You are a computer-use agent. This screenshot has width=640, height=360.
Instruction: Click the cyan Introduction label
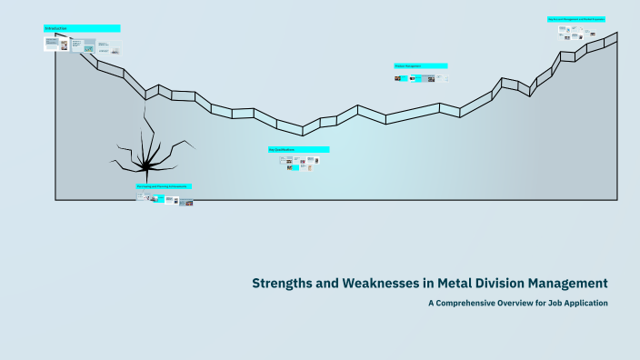82,28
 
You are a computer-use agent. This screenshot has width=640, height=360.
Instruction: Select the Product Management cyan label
420,65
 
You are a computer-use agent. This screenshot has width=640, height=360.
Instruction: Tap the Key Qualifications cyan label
298,149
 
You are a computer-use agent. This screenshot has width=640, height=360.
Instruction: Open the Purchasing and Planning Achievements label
164,186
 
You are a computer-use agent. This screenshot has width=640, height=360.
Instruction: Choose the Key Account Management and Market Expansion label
575,18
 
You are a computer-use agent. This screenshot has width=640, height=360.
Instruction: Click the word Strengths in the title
284,283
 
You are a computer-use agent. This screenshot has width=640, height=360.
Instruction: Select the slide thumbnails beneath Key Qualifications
299,163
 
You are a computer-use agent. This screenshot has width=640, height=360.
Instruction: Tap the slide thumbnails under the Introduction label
83,44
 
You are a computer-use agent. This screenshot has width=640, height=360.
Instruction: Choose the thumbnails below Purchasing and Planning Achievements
165,199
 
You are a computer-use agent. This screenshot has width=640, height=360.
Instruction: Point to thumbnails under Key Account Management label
578,33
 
